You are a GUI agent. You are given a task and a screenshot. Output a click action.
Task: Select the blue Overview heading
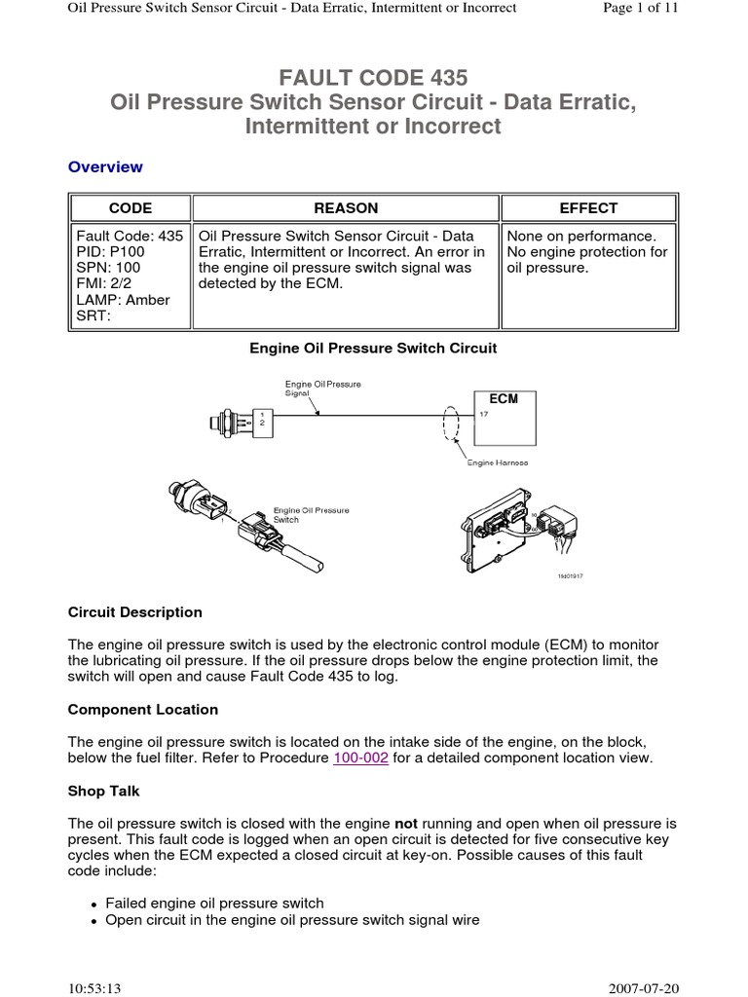coord(105,166)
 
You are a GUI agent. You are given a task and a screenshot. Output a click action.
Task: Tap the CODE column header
coord(130,208)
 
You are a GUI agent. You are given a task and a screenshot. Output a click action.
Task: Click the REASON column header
coord(346,208)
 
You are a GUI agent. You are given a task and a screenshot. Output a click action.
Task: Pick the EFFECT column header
coord(588,208)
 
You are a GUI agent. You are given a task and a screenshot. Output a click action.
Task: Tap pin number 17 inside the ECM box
coord(482,415)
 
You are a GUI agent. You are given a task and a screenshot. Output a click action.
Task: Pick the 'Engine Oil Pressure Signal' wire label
coord(321,388)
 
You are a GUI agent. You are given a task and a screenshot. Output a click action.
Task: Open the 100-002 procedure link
coord(360,757)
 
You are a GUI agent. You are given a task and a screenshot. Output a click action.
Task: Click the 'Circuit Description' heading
coord(135,612)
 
